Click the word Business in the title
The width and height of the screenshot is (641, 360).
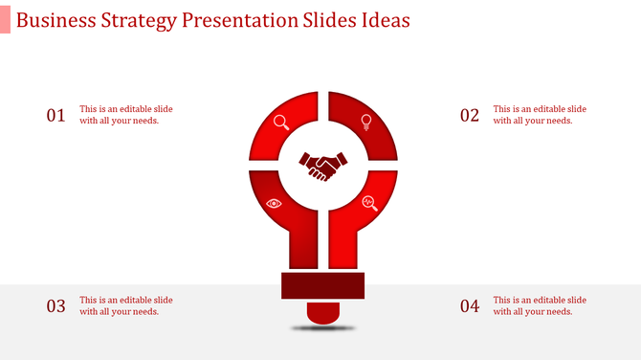[55, 20]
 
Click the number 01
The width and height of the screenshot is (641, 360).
[56, 116]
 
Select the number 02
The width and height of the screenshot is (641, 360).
[469, 116]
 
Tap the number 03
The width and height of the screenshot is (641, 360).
[56, 306]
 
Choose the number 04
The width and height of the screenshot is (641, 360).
[469, 306]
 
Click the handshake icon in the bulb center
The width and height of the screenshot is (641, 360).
[322, 167]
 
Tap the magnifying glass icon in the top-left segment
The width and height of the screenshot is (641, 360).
[281, 122]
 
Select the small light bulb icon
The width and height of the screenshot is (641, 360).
[365, 121]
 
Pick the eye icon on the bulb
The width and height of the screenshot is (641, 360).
[275, 203]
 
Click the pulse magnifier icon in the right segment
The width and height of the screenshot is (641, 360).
[369, 202]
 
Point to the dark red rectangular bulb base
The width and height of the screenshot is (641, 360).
[322, 286]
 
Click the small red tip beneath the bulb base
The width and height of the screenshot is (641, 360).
[322, 311]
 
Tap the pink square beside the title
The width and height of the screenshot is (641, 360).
[6, 20]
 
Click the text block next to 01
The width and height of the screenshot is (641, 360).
[126, 115]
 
